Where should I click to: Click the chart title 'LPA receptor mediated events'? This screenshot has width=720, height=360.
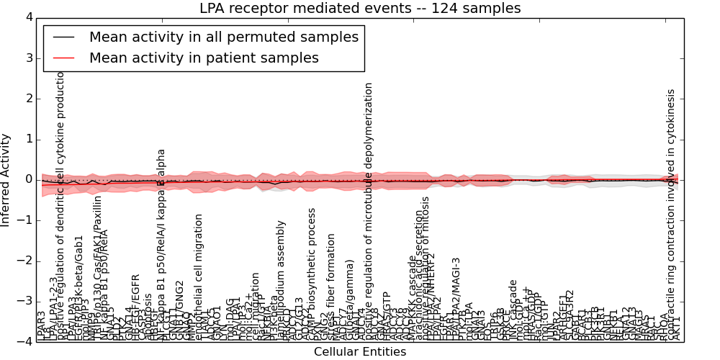pyautogui.click(x=360, y=9)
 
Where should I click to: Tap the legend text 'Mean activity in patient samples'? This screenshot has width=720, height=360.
pyautogui.click(x=204, y=58)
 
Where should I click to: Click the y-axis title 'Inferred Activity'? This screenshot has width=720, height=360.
pyautogui.click(x=6, y=179)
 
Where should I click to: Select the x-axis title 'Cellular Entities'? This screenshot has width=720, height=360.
pyautogui.click(x=360, y=352)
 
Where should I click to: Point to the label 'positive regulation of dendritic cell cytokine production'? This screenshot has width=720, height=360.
pyautogui.click(x=61, y=205)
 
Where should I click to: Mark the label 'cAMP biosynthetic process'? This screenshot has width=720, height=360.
pyautogui.click(x=312, y=274)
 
